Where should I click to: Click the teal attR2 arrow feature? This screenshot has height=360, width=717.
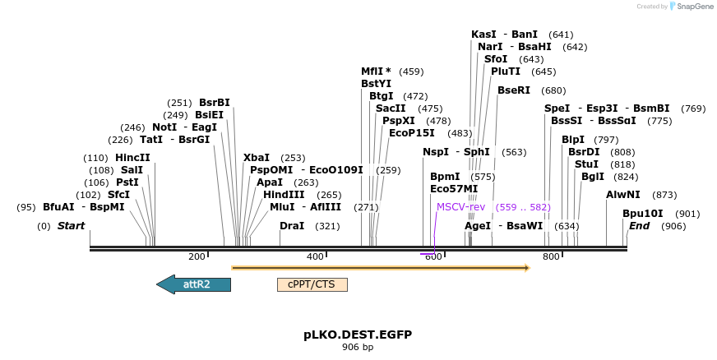194,284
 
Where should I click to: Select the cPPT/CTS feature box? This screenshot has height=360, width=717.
312,284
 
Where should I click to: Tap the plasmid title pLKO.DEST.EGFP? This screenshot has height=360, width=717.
358,335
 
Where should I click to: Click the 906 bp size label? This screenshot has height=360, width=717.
358,347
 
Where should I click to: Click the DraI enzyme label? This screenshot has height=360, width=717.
292,225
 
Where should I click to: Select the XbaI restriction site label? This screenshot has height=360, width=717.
257,158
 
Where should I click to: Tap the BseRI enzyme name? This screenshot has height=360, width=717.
514,90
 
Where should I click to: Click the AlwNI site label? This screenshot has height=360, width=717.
622,195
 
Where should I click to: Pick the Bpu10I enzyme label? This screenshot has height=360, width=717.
642,214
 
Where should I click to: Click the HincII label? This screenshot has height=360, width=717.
133,158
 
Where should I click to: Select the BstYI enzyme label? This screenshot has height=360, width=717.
377,83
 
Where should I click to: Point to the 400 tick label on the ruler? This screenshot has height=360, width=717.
315,257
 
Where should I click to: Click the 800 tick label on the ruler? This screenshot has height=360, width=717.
552,257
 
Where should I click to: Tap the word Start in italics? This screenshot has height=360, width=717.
71,225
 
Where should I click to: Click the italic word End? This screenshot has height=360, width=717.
640,225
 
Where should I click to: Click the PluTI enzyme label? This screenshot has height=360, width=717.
506,72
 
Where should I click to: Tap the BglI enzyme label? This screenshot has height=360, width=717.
593,176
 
